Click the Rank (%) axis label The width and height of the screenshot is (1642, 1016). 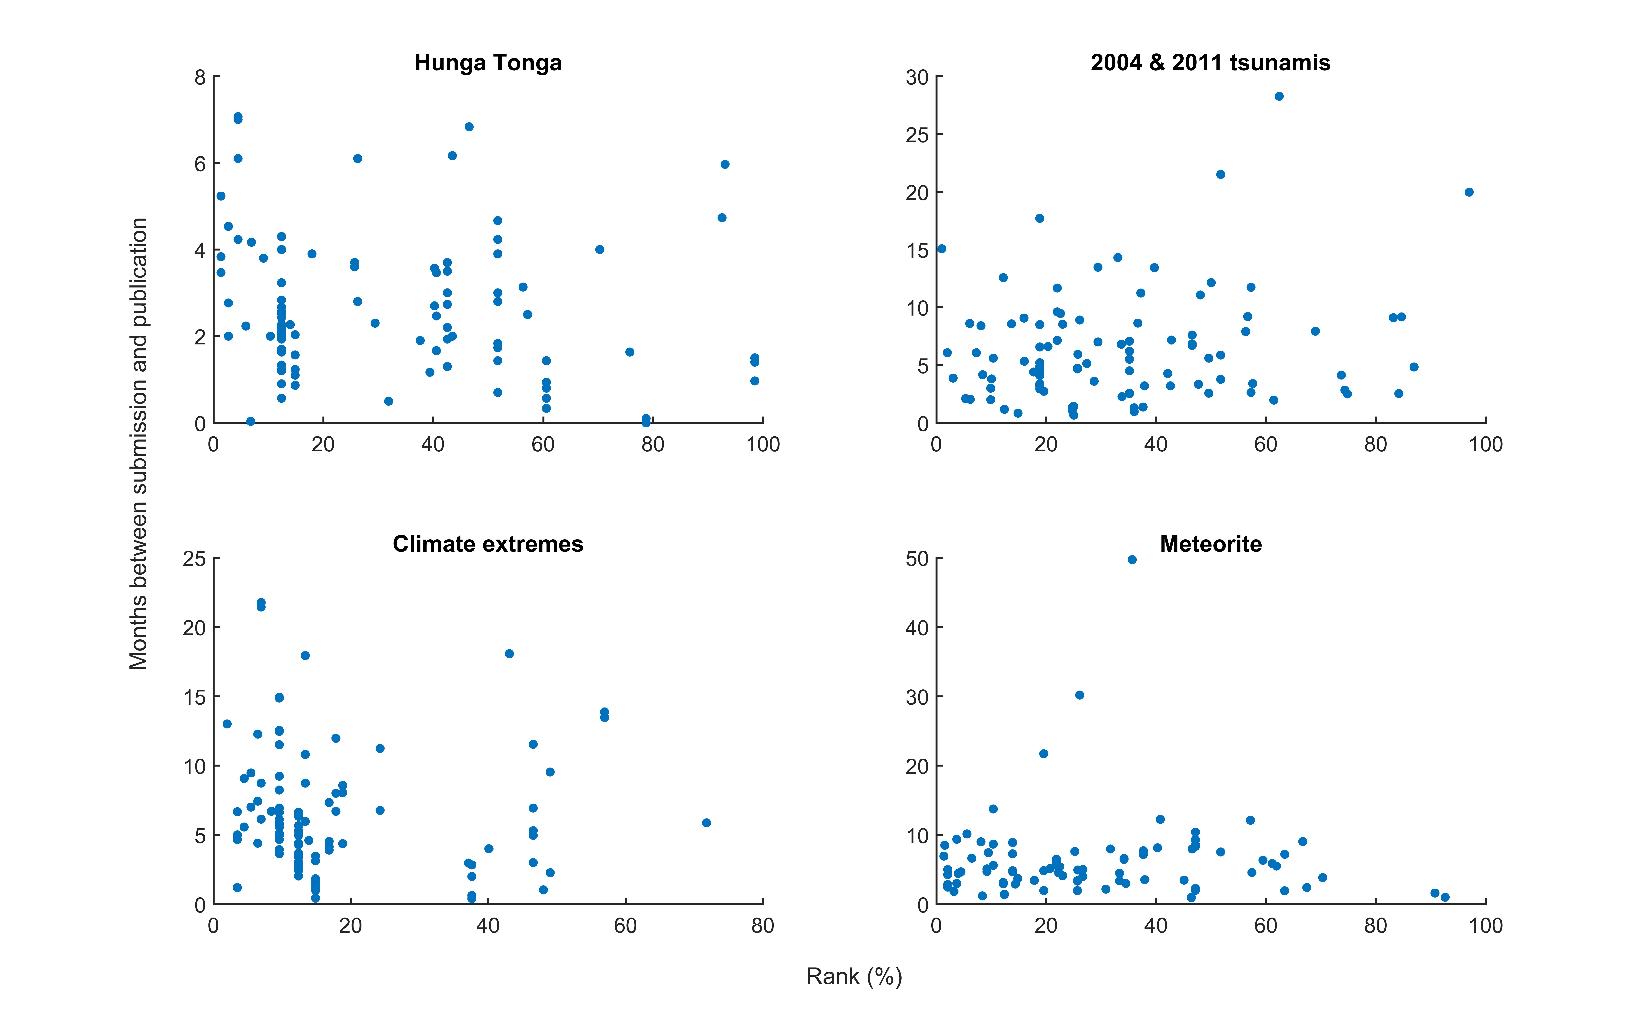(x=854, y=976)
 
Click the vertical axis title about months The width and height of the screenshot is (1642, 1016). (x=138, y=443)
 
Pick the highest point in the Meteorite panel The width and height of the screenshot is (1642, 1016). (x=1132, y=560)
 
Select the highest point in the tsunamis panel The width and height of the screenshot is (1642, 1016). (x=1279, y=96)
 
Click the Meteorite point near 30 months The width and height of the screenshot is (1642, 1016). (x=1080, y=695)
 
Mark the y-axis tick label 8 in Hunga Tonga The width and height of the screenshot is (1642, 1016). (x=200, y=77)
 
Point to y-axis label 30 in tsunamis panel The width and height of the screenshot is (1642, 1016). (x=917, y=77)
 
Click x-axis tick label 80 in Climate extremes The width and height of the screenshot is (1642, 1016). (x=762, y=926)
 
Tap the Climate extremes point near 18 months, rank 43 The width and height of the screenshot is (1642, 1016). (x=509, y=654)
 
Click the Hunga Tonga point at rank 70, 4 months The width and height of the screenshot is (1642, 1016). (x=600, y=249)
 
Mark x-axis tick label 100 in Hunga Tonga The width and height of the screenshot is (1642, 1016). (x=762, y=445)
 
